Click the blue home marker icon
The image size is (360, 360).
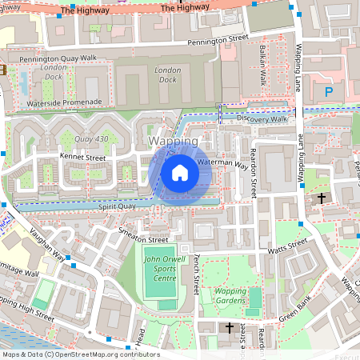(x=180, y=172)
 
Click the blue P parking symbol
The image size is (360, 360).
(x=328, y=92)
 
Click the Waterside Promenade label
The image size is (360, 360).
(x=63, y=102)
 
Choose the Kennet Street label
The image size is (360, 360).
(x=82, y=158)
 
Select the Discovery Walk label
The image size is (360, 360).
(x=262, y=118)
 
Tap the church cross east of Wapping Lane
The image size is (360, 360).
(x=322, y=198)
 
